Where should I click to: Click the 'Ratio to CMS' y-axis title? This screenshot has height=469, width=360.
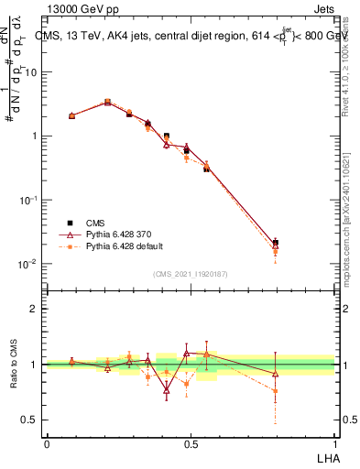15,365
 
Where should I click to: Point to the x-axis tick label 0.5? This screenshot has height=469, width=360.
191,442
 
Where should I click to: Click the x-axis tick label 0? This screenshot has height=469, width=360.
46,442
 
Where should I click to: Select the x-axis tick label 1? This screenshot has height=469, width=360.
334,442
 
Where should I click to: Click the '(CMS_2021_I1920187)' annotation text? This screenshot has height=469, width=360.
191,273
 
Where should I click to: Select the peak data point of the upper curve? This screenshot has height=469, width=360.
108,103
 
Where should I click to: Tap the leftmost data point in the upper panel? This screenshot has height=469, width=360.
71,115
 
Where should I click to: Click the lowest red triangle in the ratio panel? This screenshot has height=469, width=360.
167,389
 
